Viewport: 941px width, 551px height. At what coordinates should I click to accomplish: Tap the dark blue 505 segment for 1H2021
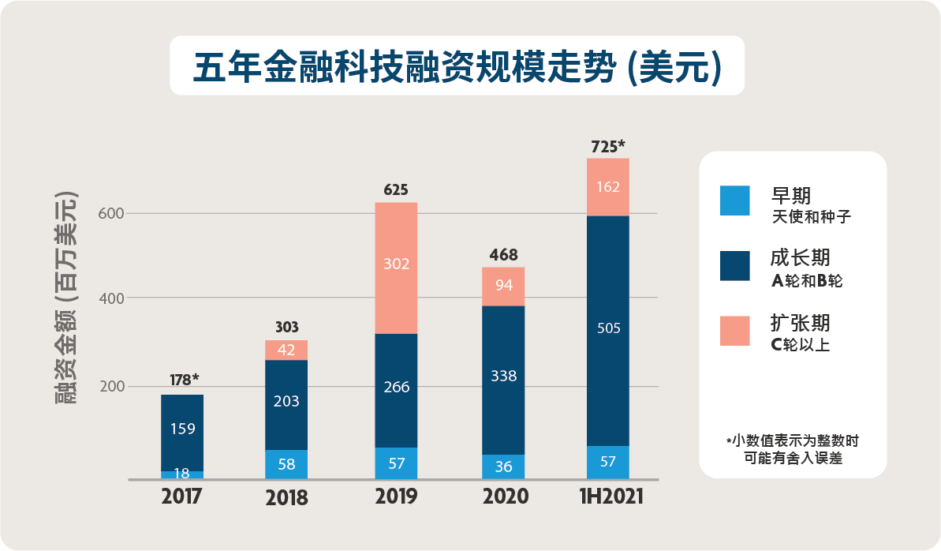[x=608, y=330]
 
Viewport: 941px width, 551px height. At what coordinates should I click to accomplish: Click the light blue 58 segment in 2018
[x=286, y=464]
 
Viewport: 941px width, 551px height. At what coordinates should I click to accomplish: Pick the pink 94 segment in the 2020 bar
[x=502, y=286]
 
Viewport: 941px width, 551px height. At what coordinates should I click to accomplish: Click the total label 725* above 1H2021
[x=608, y=146]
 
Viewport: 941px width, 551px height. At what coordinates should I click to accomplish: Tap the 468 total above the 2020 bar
[x=502, y=255]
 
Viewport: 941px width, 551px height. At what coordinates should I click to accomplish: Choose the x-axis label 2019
[x=396, y=497]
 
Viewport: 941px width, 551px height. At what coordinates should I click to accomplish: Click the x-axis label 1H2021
[x=608, y=497]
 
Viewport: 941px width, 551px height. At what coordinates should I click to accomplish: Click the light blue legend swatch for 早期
[x=734, y=201]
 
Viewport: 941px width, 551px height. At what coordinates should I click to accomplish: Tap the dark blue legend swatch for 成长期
[x=734, y=266]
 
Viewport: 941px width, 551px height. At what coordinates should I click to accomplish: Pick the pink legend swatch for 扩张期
[x=734, y=331]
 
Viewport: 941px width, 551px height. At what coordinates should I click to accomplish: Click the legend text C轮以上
[x=800, y=345]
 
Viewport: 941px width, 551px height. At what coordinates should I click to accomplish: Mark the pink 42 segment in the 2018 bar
[x=286, y=350]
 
